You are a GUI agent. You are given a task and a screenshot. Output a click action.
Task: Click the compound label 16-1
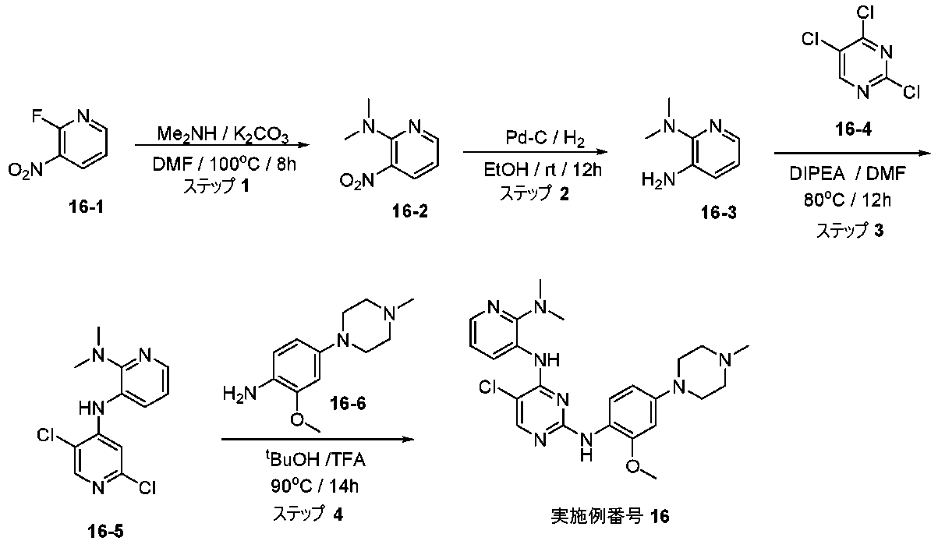[x=86, y=207]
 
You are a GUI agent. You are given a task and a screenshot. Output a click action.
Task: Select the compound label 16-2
[x=410, y=211]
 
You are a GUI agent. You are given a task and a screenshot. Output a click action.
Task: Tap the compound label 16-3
[x=719, y=213]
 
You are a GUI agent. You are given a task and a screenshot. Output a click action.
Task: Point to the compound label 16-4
[x=854, y=129]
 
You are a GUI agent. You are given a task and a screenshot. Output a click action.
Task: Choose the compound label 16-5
[x=105, y=532]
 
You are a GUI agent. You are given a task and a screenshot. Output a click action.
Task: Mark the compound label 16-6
[x=348, y=404]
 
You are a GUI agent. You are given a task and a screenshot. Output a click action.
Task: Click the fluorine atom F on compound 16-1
[x=37, y=115]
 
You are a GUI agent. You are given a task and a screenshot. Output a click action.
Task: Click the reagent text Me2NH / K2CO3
[x=223, y=135]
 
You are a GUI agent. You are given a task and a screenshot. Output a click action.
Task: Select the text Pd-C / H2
[x=545, y=138]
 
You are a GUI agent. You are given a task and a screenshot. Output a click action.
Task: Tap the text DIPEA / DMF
[x=848, y=173]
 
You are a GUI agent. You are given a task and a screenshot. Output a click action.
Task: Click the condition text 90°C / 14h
[x=314, y=486]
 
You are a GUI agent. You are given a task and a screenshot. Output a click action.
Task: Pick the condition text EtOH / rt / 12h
[x=543, y=170]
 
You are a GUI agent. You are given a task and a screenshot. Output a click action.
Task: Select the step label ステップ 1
[x=217, y=186]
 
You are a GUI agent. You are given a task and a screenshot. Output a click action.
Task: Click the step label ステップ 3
[x=850, y=231]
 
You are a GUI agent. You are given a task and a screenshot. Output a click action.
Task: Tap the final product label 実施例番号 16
[x=610, y=516]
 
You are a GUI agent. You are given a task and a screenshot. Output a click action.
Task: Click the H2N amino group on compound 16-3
[x=659, y=180]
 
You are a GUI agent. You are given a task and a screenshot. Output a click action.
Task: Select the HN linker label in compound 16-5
[x=91, y=408]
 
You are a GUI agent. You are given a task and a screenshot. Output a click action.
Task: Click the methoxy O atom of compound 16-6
[x=297, y=419]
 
